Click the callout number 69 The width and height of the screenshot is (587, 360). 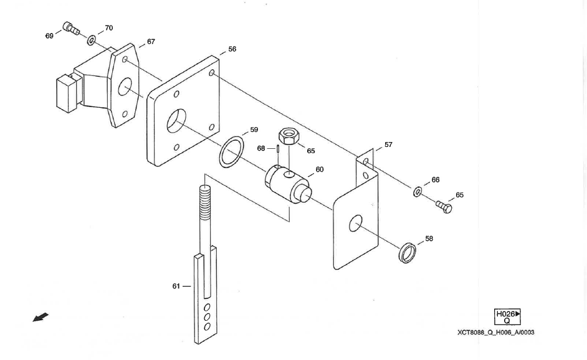[49, 36]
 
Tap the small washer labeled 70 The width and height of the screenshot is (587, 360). [91, 40]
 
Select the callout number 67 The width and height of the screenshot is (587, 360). [151, 42]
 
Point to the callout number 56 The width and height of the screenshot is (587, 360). [232, 49]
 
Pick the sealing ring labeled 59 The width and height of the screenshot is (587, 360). [231, 153]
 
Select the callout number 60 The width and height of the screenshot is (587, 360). [319, 169]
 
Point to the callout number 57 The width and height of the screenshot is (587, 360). [388, 144]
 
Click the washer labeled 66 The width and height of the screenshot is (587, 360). [417, 191]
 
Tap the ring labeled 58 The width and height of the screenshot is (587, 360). [408, 252]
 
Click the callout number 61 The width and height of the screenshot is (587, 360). [176, 286]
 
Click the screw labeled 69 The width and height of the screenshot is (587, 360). [70, 28]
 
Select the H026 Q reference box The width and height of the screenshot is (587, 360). [507, 318]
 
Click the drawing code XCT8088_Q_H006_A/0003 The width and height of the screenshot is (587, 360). [495, 332]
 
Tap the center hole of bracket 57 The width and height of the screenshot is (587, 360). [355, 223]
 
